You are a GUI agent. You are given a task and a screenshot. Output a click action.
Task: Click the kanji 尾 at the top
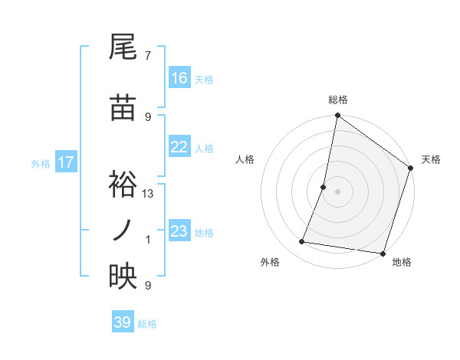click(123, 47)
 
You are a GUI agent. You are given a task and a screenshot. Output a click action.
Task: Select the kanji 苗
click(123, 108)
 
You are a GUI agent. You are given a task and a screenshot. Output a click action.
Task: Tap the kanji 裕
click(123, 184)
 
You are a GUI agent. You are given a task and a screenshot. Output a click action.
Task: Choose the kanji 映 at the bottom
click(123, 277)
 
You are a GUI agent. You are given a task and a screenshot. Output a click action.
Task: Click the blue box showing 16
click(179, 78)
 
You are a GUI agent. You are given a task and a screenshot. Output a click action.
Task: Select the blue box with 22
click(179, 147)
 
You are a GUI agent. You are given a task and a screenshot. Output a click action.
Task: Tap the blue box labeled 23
click(179, 231)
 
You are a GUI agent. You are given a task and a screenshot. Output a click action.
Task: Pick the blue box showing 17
click(66, 162)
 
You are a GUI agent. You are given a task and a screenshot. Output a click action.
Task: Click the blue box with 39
click(123, 322)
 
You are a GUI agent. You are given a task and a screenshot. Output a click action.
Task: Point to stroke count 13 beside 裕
click(148, 194)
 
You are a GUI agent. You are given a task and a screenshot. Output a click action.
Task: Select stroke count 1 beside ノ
click(148, 240)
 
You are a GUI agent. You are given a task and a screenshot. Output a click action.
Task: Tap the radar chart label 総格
click(337, 100)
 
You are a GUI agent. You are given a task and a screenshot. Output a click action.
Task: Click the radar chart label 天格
click(431, 159)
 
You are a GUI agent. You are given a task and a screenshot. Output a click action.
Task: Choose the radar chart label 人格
click(245, 159)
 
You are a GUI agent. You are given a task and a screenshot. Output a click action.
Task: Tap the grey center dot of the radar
click(337, 191)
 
